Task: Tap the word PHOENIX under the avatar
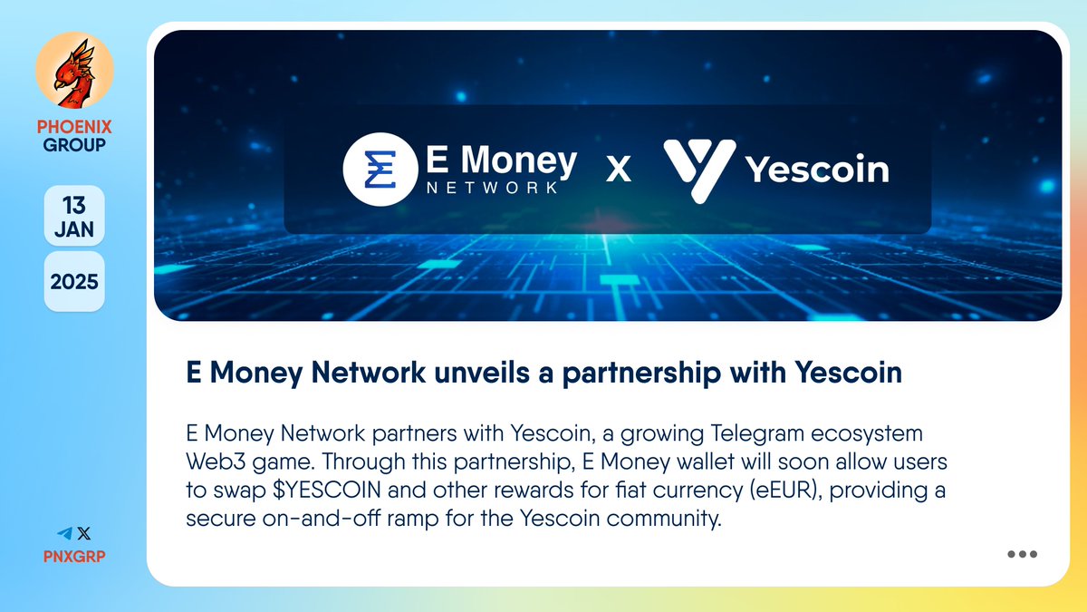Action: pos(74,127)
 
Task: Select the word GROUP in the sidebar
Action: pos(74,144)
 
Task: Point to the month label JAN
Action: pos(74,228)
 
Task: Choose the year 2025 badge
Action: pos(74,280)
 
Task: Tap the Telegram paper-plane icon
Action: pos(64,534)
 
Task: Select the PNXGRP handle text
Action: pos(74,555)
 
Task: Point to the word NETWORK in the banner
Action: pos(492,188)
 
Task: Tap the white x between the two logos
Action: pos(618,170)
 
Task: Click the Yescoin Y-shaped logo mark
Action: pos(698,170)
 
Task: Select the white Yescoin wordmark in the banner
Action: pos(816,170)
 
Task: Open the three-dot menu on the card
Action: pos(1022,554)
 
